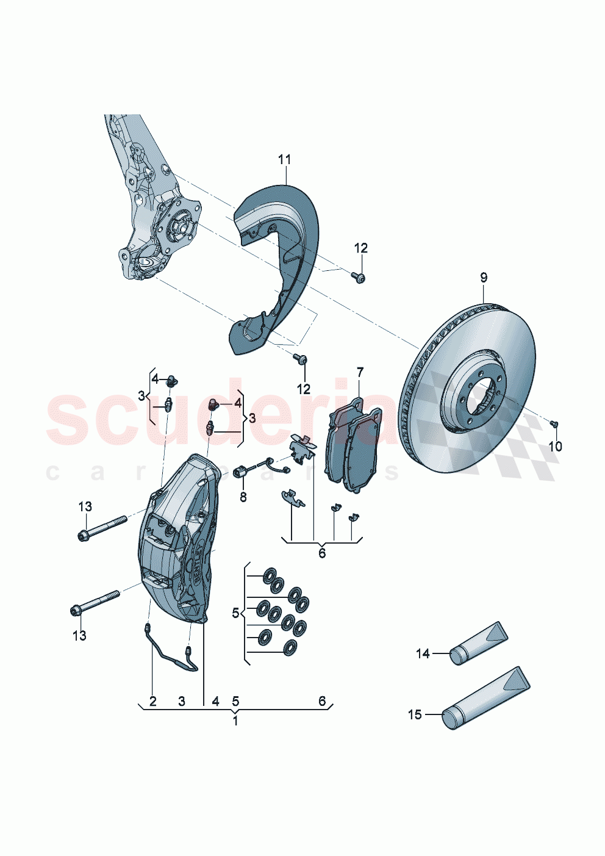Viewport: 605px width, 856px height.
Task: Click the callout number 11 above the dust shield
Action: [284, 160]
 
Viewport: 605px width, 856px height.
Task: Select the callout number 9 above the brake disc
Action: [484, 278]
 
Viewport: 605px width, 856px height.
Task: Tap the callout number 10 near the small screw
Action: [554, 447]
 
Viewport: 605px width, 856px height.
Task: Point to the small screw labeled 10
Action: [554, 423]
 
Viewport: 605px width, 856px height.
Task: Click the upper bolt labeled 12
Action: [358, 278]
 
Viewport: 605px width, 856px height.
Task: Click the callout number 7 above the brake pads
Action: [360, 372]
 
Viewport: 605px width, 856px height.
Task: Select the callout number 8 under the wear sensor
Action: [243, 497]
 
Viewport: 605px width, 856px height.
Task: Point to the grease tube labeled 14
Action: [479, 644]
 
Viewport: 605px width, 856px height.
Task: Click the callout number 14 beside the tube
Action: [423, 654]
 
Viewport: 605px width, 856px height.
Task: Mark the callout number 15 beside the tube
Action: [415, 714]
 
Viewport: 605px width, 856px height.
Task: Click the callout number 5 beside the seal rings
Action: [235, 613]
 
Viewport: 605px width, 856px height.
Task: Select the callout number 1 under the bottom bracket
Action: [235, 721]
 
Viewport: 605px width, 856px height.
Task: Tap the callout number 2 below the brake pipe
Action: [152, 702]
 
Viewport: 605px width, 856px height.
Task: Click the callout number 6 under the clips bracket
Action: [322, 553]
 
